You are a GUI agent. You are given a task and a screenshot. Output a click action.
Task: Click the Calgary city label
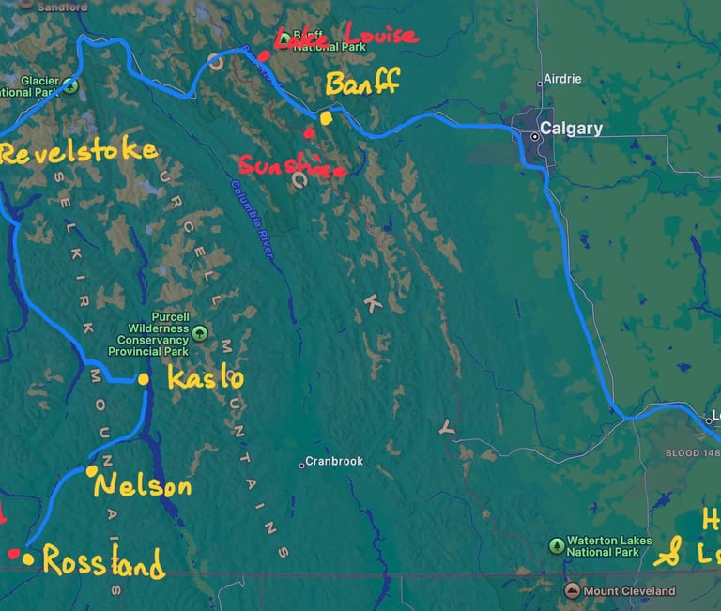tap(570, 129)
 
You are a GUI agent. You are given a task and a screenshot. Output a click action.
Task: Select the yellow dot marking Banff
tap(326, 118)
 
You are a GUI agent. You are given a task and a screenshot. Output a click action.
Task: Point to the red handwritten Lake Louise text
tap(344, 37)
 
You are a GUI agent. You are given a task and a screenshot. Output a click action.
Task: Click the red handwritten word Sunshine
tap(291, 166)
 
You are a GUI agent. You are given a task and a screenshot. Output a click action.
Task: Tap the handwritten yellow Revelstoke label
tap(78, 152)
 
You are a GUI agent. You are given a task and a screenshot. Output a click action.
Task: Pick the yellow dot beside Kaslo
tap(144, 379)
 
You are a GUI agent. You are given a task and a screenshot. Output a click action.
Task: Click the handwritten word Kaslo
tap(205, 378)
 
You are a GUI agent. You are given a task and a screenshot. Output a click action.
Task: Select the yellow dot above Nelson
tap(92, 470)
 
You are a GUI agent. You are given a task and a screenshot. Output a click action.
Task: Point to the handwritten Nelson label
tap(142, 486)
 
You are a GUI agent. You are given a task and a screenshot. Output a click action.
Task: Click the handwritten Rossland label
tap(103, 563)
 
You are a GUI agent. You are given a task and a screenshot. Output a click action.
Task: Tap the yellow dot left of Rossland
tap(28, 560)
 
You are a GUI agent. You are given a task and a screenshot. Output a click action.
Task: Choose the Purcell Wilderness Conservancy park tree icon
tap(199, 332)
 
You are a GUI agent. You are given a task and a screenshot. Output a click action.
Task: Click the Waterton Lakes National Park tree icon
tap(558, 545)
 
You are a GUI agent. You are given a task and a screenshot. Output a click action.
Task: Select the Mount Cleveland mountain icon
tap(573, 590)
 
